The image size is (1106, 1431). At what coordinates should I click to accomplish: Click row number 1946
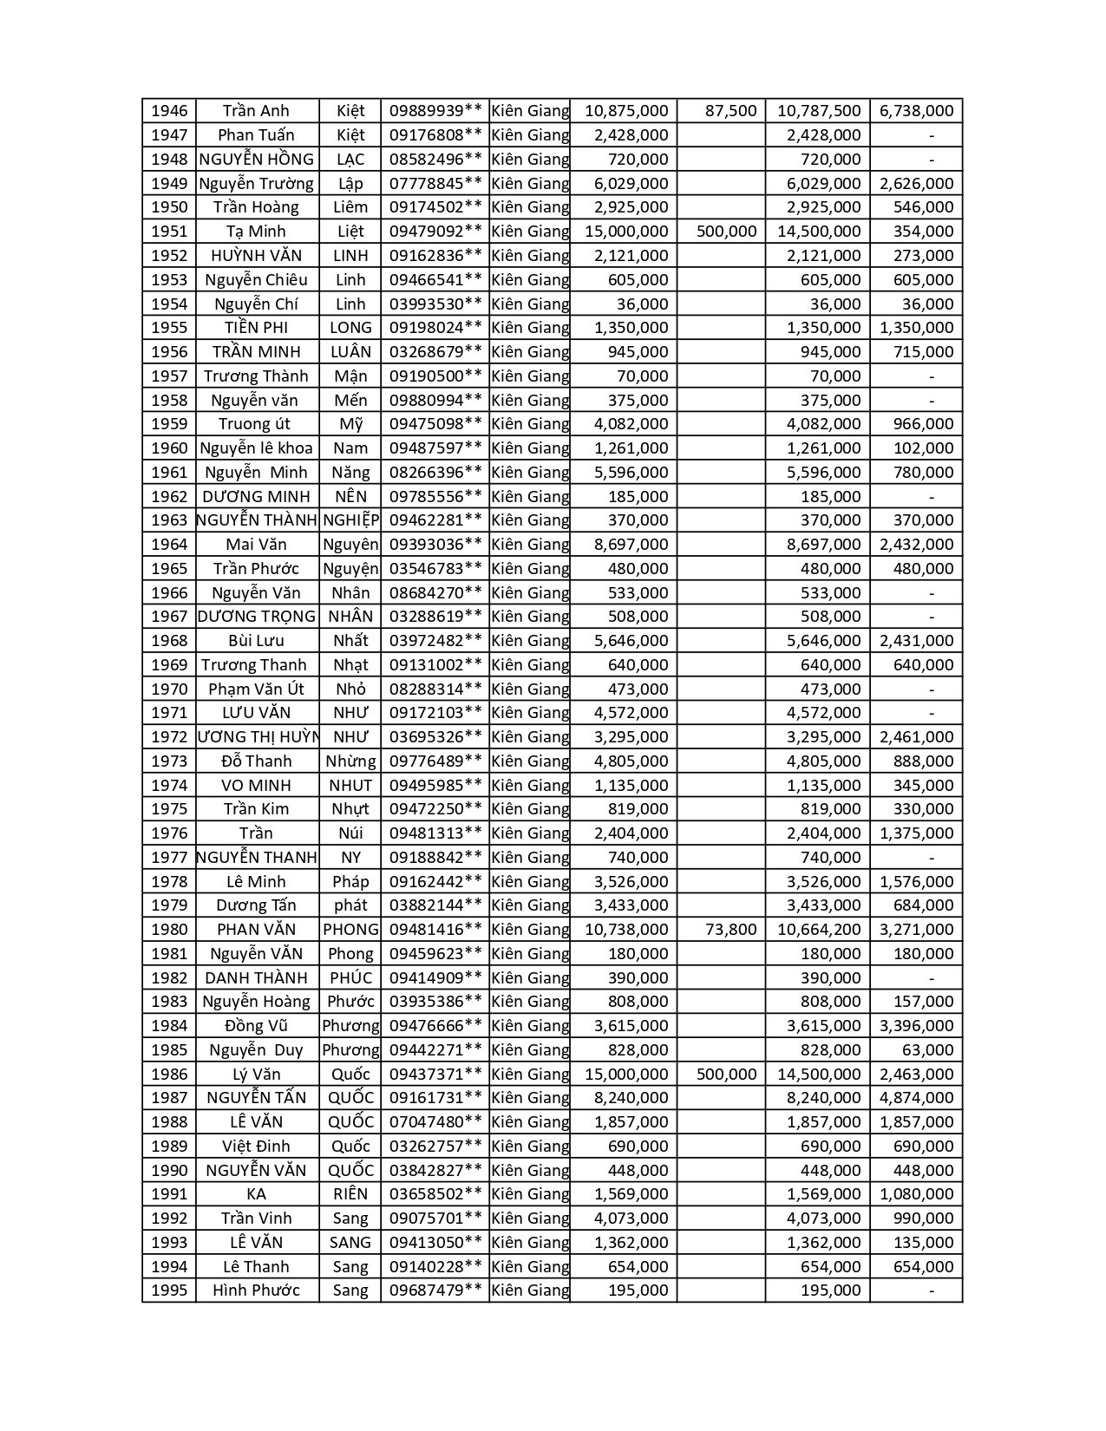pyautogui.click(x=169, y=111)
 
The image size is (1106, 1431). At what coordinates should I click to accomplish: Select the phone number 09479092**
pyautogui.click(x=435, y=232)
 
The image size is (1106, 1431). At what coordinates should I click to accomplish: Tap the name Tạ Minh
pyautogui.click(x=256, y=232)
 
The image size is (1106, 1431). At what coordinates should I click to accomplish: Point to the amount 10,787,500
pyautogui.click(x=819, y=111)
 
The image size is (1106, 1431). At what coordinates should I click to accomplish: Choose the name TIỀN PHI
pyautogui.click(x=256, y=328)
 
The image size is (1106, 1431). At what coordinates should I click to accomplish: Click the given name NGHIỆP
pyautogui.click(x=350, y=520)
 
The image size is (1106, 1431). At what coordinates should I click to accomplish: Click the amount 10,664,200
pyautogui.click(x=819, y=930)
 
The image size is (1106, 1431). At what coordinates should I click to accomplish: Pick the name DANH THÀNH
pyautogui.click(x=256, y=977)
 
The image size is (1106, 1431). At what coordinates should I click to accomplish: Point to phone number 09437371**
pyautogui.click(x=435, y=1074)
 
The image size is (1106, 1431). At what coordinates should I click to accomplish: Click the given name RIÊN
pyautogui.click(x=350, y=1194)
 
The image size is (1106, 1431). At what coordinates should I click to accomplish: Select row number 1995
pyautogui.click(x=169, y=1291)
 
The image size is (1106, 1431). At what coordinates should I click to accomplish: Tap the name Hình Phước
pyautogui.click(x=256, y=1291)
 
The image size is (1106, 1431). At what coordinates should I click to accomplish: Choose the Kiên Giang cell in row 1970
pyautogui.click(x=530, y=689)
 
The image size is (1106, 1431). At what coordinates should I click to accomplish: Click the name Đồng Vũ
pyautogui.click(x=256, y=1026)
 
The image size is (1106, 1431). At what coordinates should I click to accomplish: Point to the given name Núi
pyautogui.click(x=350, y=833)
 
